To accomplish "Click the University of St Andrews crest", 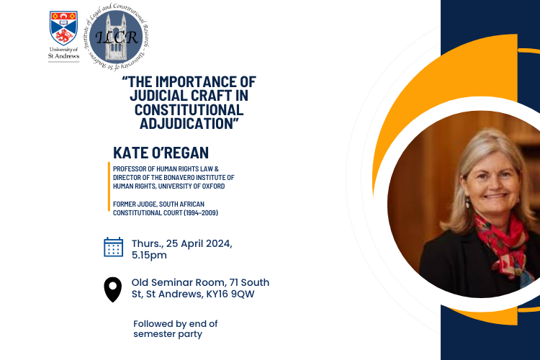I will click(x=64, y=28).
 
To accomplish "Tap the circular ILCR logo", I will click(x=116, y=36).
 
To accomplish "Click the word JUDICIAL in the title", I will click(x=166, y=95).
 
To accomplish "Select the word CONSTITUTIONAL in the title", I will click(x=189, y=109).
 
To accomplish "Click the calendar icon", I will click(x=114, y=247).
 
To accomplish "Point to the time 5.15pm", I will click(x=149, y=254).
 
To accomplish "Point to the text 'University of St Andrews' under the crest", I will click(x=64, y=54).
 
